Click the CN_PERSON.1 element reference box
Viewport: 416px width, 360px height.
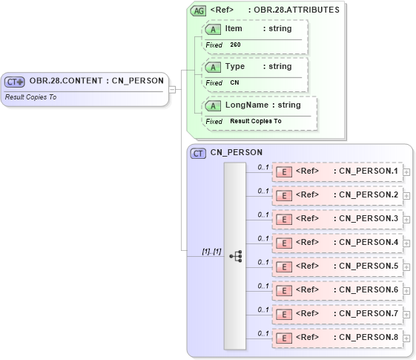[x=337, y=171]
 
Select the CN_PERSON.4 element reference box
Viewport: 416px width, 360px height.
[x=337, y=243]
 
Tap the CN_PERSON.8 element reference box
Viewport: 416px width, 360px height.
[x=337, y=338]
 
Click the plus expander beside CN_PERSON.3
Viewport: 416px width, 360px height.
[x=406, y=219]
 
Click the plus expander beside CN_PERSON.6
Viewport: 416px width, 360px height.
[x=406, y=290]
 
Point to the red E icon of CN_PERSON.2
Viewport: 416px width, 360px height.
[x=283, y=195]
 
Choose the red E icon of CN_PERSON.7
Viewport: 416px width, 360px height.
[x=283, y=314]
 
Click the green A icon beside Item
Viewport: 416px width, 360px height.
[x=214, y=29]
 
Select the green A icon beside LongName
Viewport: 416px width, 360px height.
[x=214, y=105]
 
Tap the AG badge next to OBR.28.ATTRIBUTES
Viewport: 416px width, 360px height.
[x=199, y=10]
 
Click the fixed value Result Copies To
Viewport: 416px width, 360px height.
[x=255, y=121]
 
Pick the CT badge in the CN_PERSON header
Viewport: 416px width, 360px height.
[x=198, y=153]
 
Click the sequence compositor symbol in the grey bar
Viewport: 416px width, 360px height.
[x=235, y=256]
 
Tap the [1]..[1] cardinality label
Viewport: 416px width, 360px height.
[x=212, y=252]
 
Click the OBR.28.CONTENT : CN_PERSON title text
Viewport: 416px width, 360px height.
[x=96, y=81]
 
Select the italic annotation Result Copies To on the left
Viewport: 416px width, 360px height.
[x=31, y=97]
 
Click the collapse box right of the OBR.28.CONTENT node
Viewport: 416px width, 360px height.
[x=172, y=90]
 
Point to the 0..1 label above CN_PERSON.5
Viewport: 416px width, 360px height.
[x=263, y=262]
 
